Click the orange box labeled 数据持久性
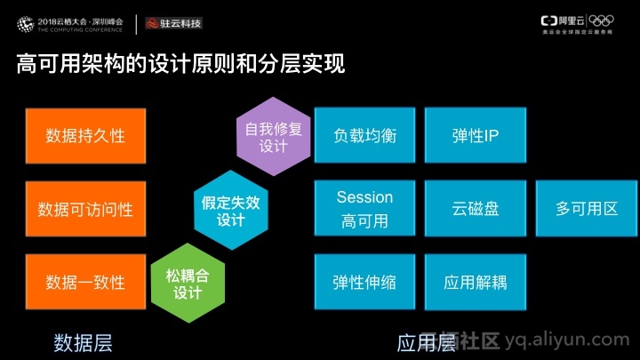pyautogui.click(x=85, y=136)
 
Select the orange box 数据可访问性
pyautogui.click(x=85, y=210)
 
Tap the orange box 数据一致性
pyautogui.click(x=85, y=283)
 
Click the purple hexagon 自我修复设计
pyautogui.click(x=274, y=137)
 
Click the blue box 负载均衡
pyautogui.click(x=364, y=136)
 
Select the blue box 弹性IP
pyautogui.click(x=475, y=136)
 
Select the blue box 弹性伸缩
pyautogui.click(x=364, y=283)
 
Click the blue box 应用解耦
pyautogui.click(x=475, y=283)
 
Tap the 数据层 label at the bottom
pyautogui.click(x=84, y=341)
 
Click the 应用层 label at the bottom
pyautogui.click(x=425, y=341)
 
